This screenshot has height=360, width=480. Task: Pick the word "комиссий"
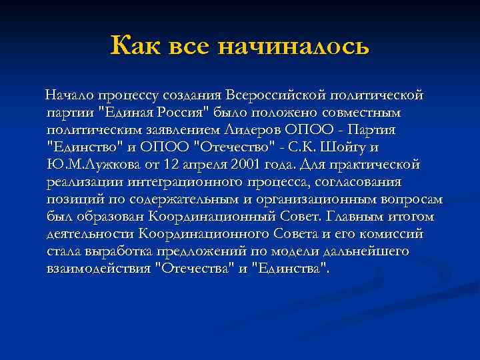click(393, 233)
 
